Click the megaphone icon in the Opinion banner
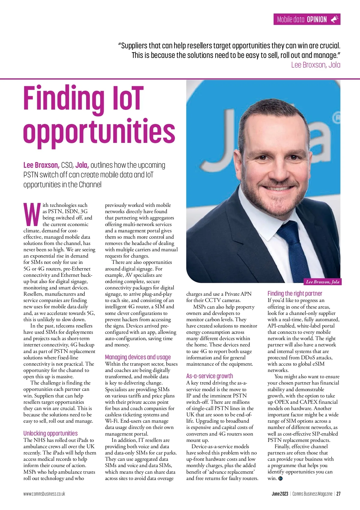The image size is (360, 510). pos(334,20)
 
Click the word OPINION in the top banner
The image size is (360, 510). pos(317,20)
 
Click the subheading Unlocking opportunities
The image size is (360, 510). pos(50,433)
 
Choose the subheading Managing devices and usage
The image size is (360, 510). pos(138,357)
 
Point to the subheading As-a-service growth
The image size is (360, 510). pos(209,376)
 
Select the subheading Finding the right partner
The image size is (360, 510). pos(295,293)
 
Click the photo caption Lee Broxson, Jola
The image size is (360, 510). pos(322,282)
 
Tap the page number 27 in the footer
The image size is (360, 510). pos(338,494)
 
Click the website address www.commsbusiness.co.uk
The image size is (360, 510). pos(44,494)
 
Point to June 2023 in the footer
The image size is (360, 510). pos(280,494)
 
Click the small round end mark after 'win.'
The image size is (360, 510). pos(280,478)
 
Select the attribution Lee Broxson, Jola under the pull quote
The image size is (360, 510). pos(316,65)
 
